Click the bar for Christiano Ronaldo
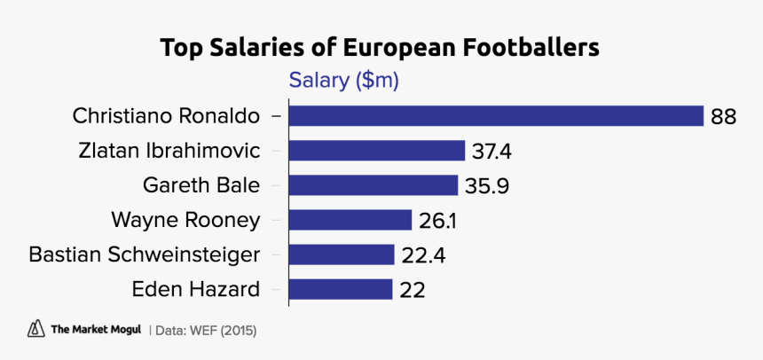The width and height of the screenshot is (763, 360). coord(496,116)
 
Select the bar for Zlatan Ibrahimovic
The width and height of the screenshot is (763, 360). coord(377,151)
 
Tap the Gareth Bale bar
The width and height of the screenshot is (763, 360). coord(374,185)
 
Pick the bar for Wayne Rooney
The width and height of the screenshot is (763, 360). coord(351,220)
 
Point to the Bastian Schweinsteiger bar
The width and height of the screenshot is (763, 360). coord(342,254)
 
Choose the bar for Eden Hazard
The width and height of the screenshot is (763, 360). coord(341,289)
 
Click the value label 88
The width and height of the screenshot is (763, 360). coord(723,117)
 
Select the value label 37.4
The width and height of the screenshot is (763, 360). coord(492,152)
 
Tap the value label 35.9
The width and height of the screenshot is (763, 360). coord(484,186)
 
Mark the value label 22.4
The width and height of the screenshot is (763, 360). coord(421,255)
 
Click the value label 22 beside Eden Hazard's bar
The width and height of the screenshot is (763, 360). coord(413,290)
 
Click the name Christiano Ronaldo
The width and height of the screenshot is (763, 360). coord(166,116)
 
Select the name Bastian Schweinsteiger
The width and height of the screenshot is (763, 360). coord(144,255)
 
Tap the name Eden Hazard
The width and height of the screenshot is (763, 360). coord(195,290)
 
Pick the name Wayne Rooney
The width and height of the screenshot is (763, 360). coord(185,220)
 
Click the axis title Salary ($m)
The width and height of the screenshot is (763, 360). coord(344,82)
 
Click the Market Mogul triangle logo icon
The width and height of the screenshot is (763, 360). coord(36,328)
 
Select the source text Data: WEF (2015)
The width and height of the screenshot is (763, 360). coord(206,329)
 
